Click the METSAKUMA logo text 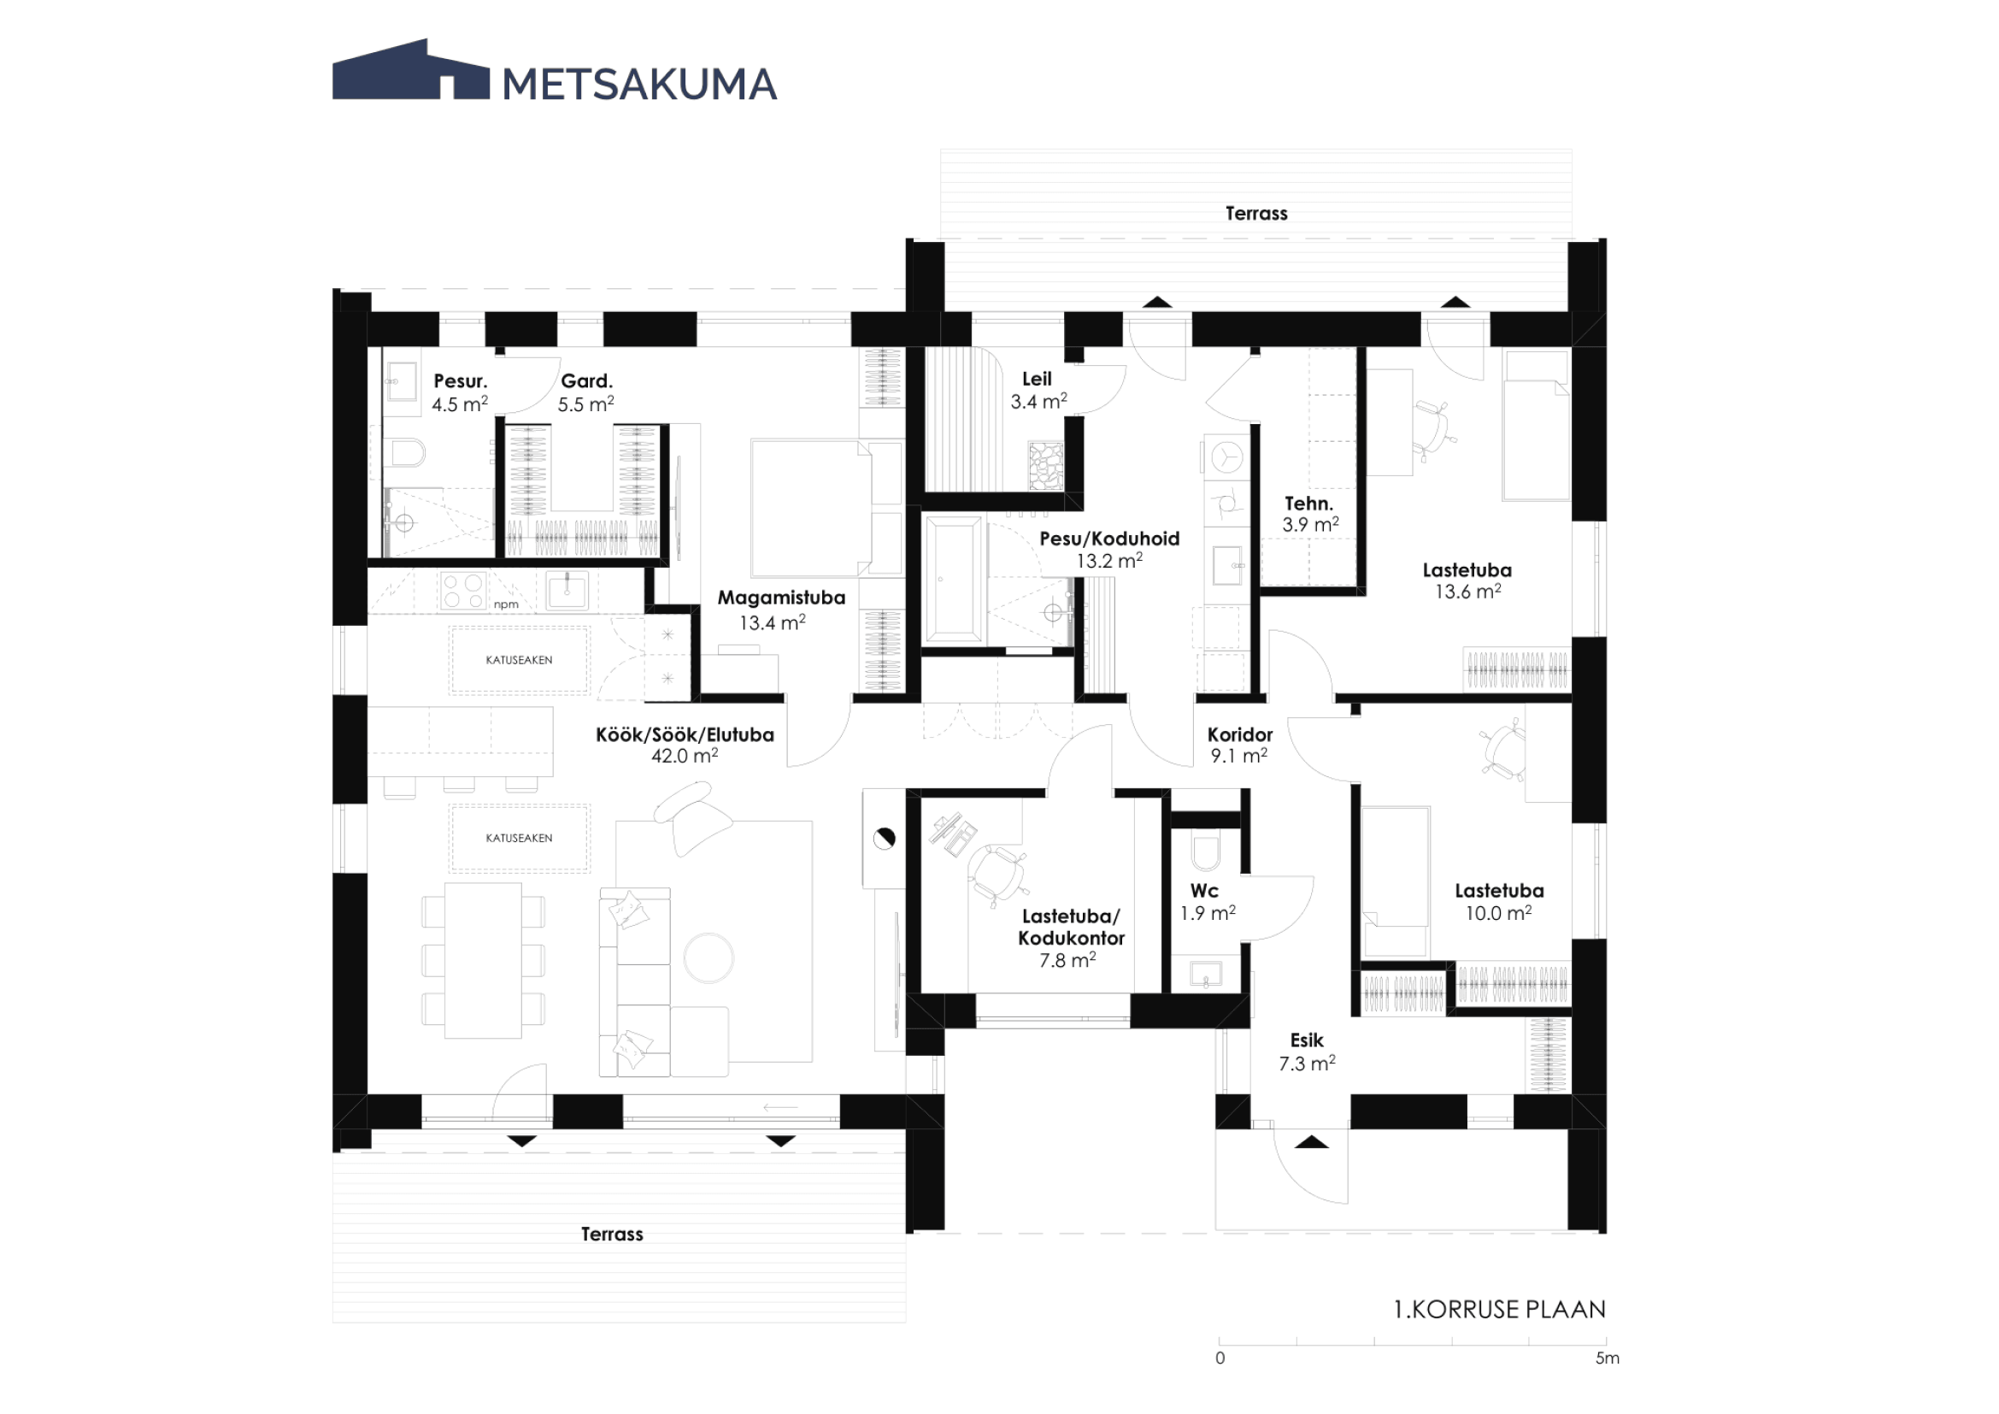click(x=639, y=85)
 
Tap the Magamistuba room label click(x=781, y=598)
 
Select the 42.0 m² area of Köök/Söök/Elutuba click(x=685, y=756)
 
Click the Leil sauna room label click(x=1037, y=379)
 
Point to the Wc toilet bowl click(x=1206, y=854)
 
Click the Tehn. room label click(x=1308, y=504)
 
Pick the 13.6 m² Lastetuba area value click(x=1468, y=592)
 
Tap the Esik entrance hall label click(x=1307, y=1040)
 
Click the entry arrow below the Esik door click(x=1311, y=1142)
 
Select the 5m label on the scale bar click(x=1608, y=1358)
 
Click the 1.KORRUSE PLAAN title click(x=1499, y=1310)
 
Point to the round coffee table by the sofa click(x=708, y=957)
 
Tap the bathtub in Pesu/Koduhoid click(x=955, y=580)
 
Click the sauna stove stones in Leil click(x=1045, y=467)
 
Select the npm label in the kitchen click(x=506, y=604)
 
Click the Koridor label click(x=1240, y=735)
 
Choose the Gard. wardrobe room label click(x=587, y=380)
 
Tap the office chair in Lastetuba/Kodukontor click(x=997, y=875)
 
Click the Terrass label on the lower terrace click(x=612, y=1234)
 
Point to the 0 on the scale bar click(x=1220, y=1358)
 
